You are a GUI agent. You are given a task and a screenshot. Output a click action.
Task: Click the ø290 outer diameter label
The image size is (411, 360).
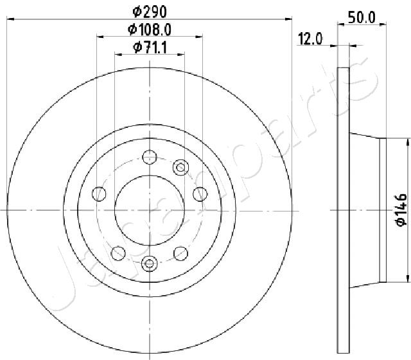150,11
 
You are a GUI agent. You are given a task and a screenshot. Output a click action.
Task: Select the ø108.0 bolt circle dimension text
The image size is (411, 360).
150,29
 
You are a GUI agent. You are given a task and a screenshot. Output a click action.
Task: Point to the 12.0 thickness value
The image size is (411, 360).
310,39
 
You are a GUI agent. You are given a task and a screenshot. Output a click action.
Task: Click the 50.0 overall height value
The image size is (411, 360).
361,17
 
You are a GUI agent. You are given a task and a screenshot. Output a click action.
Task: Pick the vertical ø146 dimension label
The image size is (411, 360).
399,210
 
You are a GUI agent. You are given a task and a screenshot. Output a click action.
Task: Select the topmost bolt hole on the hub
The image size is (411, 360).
150,156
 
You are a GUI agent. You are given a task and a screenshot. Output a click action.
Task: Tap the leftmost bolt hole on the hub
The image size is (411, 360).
99,193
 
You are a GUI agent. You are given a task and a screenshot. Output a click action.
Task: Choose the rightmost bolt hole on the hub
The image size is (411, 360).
200,193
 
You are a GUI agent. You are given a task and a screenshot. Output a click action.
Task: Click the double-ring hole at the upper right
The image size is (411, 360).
180,168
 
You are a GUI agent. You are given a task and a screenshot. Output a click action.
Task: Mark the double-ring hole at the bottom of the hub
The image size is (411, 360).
150,262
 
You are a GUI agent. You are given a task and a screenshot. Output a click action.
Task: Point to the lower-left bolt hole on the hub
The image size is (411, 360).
118,253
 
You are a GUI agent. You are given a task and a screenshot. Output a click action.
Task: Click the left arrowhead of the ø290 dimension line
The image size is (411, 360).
8,20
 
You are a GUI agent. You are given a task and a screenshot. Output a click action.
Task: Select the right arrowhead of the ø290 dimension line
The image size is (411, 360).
290,20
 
